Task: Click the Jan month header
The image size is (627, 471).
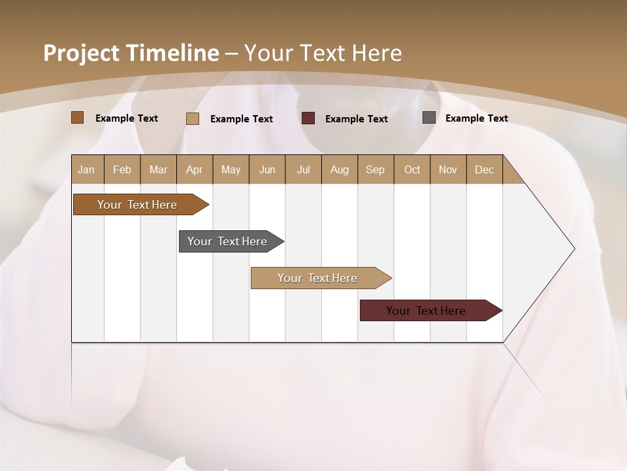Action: pos(86,170)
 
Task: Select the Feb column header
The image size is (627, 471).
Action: pos(122,170)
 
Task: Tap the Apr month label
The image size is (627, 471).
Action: pos(194,170)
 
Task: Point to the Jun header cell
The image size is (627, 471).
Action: pos(267,170)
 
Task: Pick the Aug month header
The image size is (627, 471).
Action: pos(340,170)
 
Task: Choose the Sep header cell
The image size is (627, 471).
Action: pos(375,170)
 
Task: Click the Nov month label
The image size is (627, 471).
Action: pos(448,170)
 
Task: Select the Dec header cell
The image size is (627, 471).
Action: pos(484,170)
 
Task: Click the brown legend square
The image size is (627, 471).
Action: pos(78,118)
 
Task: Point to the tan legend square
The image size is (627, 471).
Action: pos(193,118)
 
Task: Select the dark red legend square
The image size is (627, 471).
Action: pos(308,118)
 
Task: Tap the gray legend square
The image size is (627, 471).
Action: pos(429,118)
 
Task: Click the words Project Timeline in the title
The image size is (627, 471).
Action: pos(131,53)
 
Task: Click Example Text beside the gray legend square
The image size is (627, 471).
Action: pos(476,118)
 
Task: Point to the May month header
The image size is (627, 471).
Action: pos(231,170)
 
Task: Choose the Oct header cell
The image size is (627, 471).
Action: pos(412,170)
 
